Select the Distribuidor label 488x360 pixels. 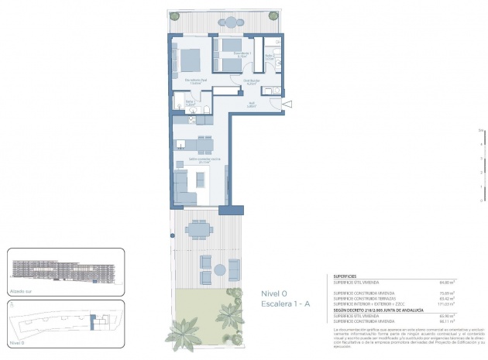[250, 81]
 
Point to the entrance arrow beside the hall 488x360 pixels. [287, 104]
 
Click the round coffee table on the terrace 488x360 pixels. [220, 270]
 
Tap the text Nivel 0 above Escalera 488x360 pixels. [275, 293]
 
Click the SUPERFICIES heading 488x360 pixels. [345, 276]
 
